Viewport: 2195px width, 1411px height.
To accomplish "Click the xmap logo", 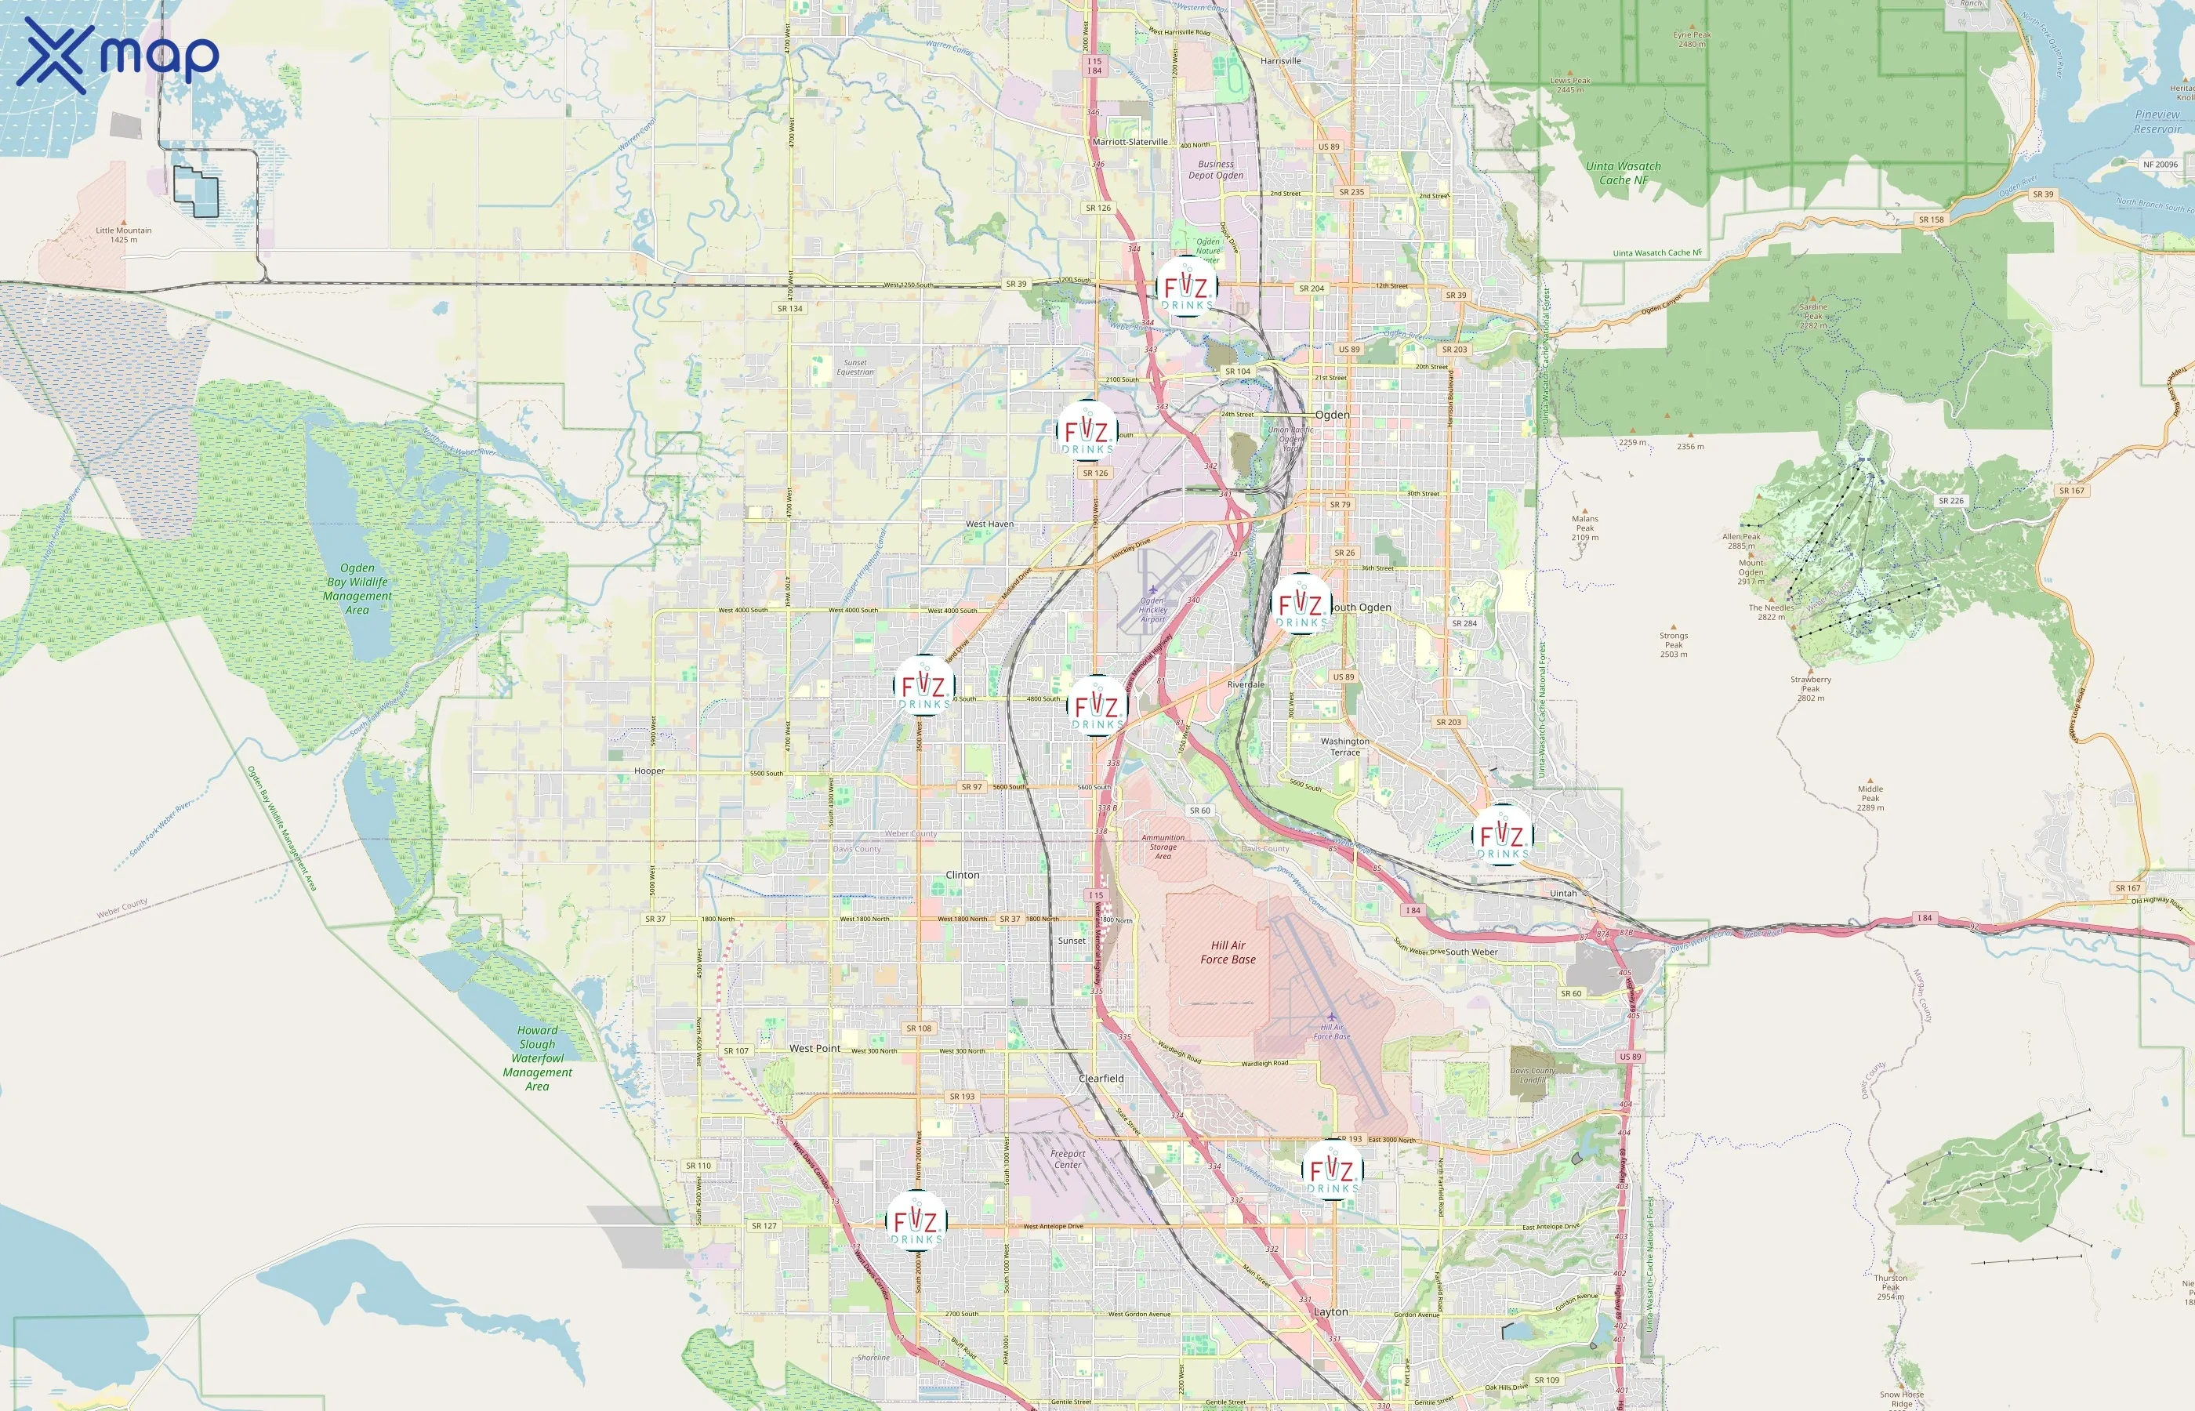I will [118, 56].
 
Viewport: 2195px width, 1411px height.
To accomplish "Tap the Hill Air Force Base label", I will [1228, 952].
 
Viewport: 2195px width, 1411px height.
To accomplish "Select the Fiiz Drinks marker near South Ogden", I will [1301, 604].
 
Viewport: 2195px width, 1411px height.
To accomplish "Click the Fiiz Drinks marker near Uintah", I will [1501, 835].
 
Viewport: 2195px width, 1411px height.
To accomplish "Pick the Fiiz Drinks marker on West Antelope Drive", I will [916, 1221].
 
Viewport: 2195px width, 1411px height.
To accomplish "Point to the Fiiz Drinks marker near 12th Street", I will [1186, 287].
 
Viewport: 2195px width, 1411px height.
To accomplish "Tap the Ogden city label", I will [1332, 415].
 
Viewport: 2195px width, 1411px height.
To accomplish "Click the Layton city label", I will [1330, 1312].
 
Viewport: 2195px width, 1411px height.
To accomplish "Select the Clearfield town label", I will [1101, 1079].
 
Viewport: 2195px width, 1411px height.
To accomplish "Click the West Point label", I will [815, 1048].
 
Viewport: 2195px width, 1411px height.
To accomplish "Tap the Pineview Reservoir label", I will [2157, 122].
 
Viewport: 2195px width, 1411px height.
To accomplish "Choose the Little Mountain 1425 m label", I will [124, 234].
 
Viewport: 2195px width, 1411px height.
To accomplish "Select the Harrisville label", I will [1280, 60].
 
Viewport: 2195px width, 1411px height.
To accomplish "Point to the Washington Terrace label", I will [1345, 747].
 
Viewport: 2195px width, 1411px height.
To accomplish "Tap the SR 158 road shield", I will [1930, 220].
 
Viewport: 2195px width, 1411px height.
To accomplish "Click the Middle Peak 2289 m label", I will [1870, 797].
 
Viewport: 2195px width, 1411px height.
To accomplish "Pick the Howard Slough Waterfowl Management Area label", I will [537, 1058].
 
